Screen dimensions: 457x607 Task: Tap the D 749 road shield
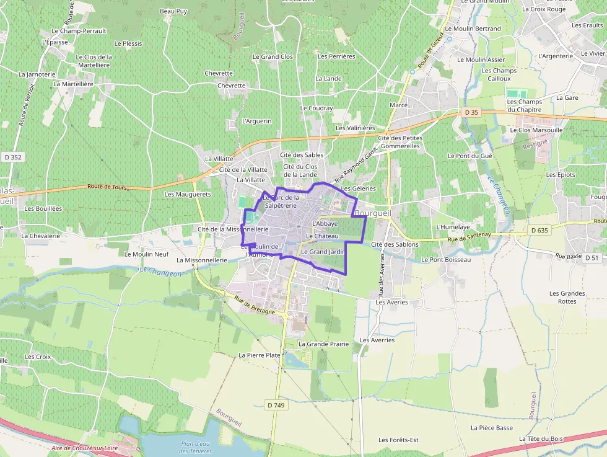277,405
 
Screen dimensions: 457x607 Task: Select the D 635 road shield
539,231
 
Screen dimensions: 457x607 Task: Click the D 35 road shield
471,112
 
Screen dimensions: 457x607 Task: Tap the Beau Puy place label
173,11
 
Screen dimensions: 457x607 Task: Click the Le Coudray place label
317,108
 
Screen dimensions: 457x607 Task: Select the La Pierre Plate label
260,355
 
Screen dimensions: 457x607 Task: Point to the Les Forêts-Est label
398,440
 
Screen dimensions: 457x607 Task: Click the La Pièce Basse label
492,427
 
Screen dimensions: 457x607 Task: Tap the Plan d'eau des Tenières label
196,447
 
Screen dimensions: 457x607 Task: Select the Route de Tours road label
107,186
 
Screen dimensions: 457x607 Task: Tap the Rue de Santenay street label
469,235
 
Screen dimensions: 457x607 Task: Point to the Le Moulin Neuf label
147,254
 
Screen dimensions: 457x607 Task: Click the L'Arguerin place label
257,121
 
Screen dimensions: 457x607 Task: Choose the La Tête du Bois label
541,438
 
